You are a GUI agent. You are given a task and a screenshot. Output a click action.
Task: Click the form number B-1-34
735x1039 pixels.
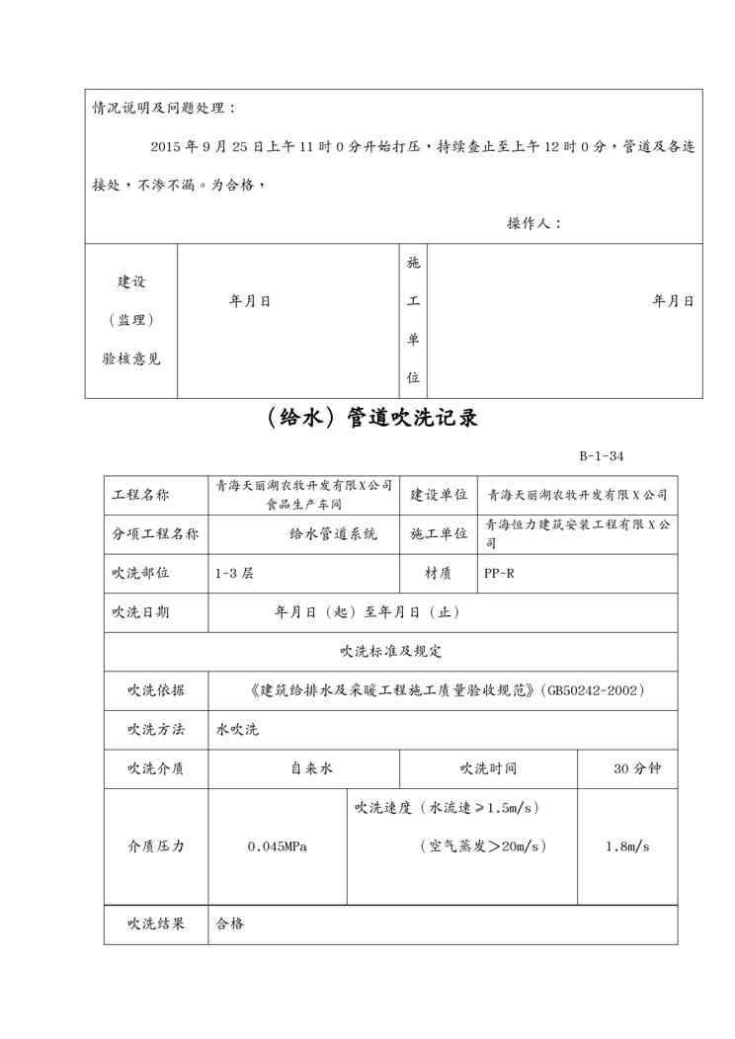601,456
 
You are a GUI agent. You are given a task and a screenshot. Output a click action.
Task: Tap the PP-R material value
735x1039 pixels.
499,573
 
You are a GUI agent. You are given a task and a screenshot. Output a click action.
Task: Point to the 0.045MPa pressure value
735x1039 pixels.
278,847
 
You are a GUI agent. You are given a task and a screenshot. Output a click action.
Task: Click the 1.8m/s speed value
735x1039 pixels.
627,847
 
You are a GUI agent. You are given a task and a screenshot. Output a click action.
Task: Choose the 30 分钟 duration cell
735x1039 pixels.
636,768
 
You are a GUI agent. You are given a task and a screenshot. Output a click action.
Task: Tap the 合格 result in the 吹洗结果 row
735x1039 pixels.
230,924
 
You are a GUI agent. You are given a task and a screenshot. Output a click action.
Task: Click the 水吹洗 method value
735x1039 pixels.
237,730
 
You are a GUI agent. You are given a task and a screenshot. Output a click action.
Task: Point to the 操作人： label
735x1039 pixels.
534,223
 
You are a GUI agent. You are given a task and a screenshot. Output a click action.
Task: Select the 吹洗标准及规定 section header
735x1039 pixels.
390,651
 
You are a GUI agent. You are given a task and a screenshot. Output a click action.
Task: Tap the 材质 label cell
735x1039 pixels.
439,573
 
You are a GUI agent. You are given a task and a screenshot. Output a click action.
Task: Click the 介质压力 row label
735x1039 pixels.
155,847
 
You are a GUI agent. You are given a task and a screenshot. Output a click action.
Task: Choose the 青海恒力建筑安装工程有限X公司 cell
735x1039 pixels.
577,533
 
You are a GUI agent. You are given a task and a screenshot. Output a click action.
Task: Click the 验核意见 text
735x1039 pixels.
131,359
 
